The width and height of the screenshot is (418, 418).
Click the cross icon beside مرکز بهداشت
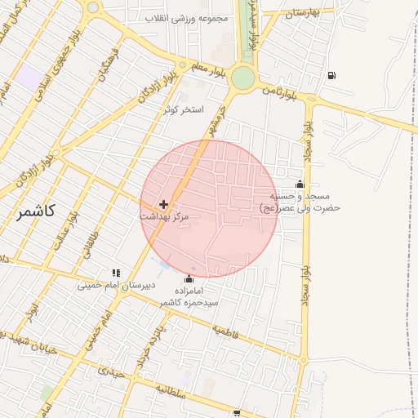pos(164,203)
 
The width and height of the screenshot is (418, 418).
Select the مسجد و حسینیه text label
pos(301,196)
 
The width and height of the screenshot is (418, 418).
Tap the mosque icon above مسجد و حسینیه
pos(300,184)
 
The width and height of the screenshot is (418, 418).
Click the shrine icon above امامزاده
pos(189,279)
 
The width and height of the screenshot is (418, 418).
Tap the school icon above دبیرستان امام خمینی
pos(116,273)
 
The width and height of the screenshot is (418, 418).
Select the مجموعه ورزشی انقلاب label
pos(186,18)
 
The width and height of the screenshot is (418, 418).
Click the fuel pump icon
pos(331,76)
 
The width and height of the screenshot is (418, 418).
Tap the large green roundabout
pos(242,78)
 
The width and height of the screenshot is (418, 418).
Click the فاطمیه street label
pos(230,332)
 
